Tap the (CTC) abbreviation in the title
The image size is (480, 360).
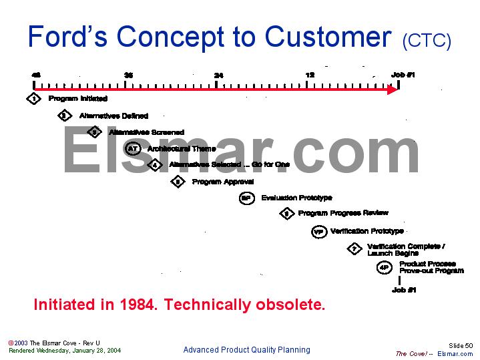tap(427, 41)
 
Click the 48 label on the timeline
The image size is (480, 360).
tap(35, 75)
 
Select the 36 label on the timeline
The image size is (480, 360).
tap(128, 75)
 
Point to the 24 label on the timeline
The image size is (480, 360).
tap(218, 75)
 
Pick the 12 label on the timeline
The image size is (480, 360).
tap(310, 75)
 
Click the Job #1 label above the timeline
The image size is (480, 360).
tap(403, 75)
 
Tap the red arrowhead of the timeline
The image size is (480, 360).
tap(393, 89)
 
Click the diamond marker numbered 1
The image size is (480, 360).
tap(34, 99)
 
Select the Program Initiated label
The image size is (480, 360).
tap(77, 99)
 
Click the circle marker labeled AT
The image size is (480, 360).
tap(132, 148)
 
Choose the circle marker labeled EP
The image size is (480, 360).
tap(246, 198)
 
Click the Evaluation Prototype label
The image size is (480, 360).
tap(296, 198)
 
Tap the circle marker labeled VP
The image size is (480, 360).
tap(318, 232)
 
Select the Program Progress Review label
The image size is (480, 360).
tap(343, 214)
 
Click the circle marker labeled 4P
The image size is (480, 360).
tap(384, 268)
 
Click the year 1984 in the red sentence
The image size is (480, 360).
tap(138, 305)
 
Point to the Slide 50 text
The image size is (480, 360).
tap(460, 345)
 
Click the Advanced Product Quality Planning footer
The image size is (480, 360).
tap(246, 350)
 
